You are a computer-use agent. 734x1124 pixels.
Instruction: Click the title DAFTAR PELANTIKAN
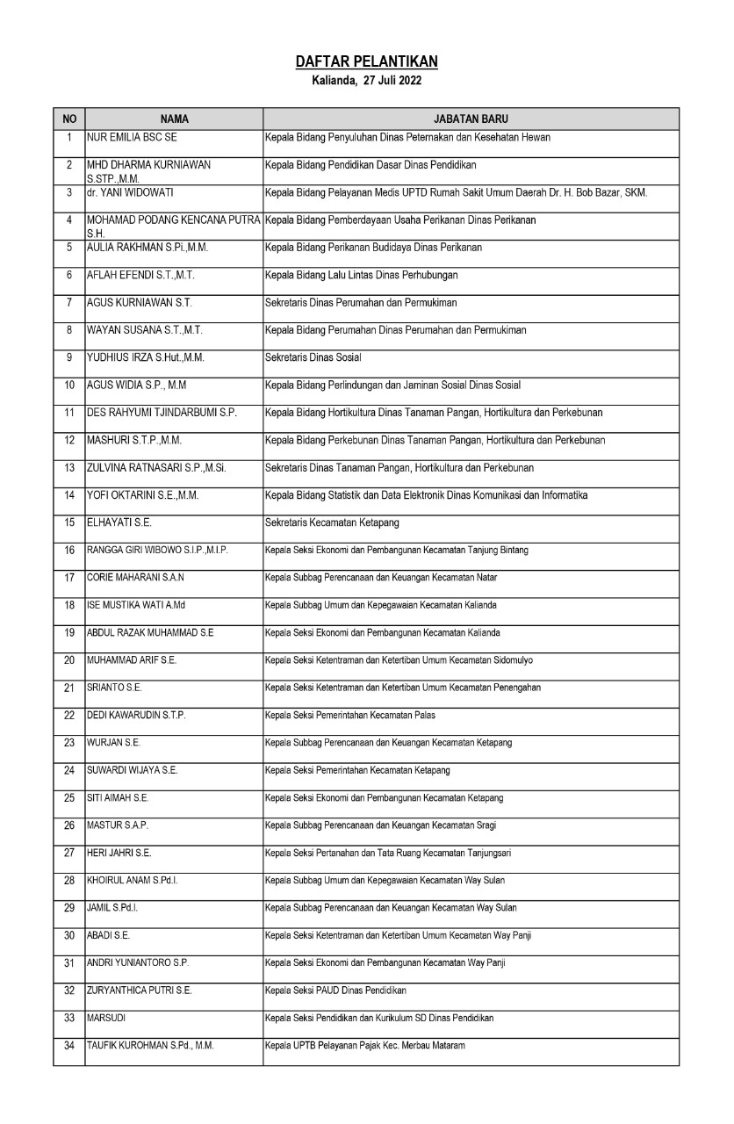(x=366, y=61)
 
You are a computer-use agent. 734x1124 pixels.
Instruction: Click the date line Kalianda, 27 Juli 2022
(x=366, y=81)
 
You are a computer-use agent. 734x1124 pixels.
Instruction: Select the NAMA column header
(x=174, y=119)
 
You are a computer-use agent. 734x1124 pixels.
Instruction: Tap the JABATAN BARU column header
(x=471, y=119)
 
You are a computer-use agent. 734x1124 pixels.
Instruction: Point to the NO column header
(x=69, y=119)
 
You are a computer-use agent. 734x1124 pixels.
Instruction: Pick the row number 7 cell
(x=69, y=303)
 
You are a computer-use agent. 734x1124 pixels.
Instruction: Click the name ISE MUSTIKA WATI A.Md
(x=129, y=605)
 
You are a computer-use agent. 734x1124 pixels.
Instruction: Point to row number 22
(x=69, y=715)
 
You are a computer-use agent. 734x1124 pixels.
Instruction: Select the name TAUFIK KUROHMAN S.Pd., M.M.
(x=150, y=1045)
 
